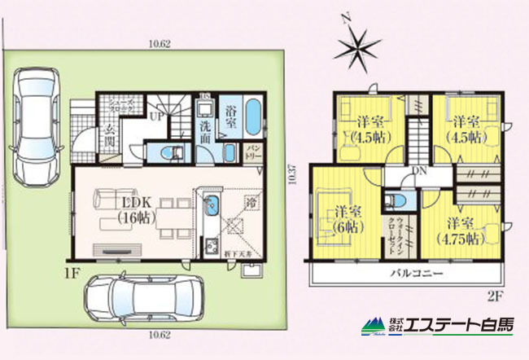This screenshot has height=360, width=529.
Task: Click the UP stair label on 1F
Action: tap(154, 117)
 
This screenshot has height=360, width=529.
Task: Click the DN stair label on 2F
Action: tap(420, 171)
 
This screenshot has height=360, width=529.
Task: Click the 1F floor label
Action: tap(71, 270)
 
